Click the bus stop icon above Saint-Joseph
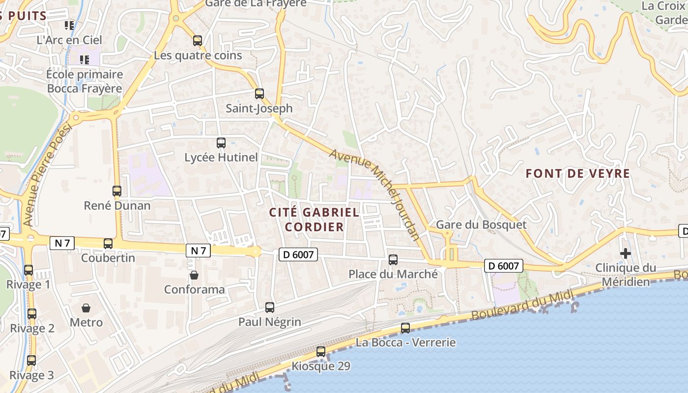coord(259,93)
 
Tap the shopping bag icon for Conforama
coord(194,275)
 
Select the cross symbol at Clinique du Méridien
coord(625,253)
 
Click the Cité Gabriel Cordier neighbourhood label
coord(315,220)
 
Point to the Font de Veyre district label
coord(577,173)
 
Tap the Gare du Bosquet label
coord(481,225)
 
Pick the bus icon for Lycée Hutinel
coord(221,143)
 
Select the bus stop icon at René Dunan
coord(117,191)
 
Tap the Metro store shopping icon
coord(86,308)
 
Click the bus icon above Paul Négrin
coord(269,308)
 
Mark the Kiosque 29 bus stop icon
coord(321,352)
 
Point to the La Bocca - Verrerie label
coord(405,342)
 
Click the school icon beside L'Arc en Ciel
coord(69,25)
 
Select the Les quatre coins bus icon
coord(197,41)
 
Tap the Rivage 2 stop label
coord(32,329)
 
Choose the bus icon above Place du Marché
coord(393,260)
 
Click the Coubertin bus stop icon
coord(108,243)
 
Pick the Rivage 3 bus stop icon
coord(31,361)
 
